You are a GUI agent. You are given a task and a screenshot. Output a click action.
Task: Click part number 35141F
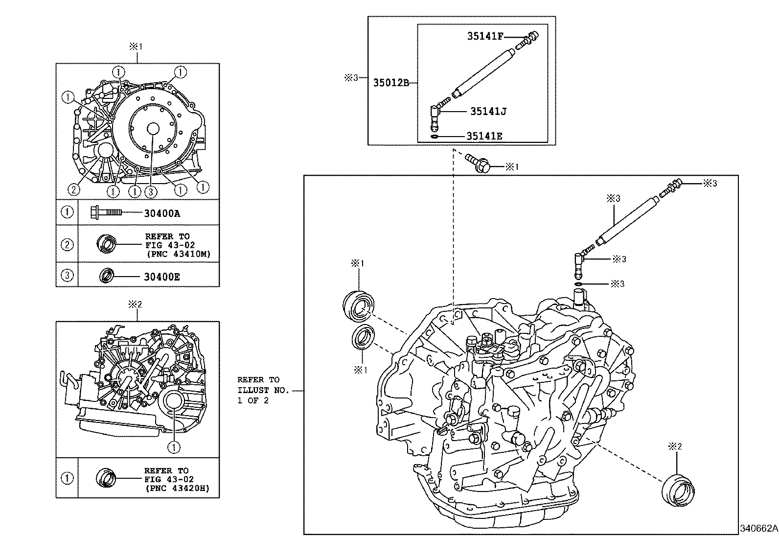[x=484, y=36]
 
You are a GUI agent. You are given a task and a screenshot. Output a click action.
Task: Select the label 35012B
[x=391, y=83]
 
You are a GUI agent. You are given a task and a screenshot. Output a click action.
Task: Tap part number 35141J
[x=488, y=112]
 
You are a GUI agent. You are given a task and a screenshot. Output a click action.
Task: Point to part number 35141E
[x=484, y=136]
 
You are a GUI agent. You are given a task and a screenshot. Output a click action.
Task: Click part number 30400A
[x=162, y=213]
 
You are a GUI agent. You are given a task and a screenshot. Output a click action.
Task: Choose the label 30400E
[x=162, y=277]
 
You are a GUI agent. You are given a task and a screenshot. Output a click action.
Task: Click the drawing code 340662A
[x=758, y=529]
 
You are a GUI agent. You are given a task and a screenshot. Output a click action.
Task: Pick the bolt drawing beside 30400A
[x=106, y=212]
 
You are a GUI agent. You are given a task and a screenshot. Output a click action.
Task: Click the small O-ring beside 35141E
[x=434, y=136]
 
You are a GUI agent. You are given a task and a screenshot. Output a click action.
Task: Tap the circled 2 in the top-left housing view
[x=73, y=188]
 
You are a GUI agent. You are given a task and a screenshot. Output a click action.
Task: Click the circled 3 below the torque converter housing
[x=150, y=192]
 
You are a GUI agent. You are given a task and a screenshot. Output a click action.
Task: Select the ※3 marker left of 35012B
[x=351, y=77]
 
